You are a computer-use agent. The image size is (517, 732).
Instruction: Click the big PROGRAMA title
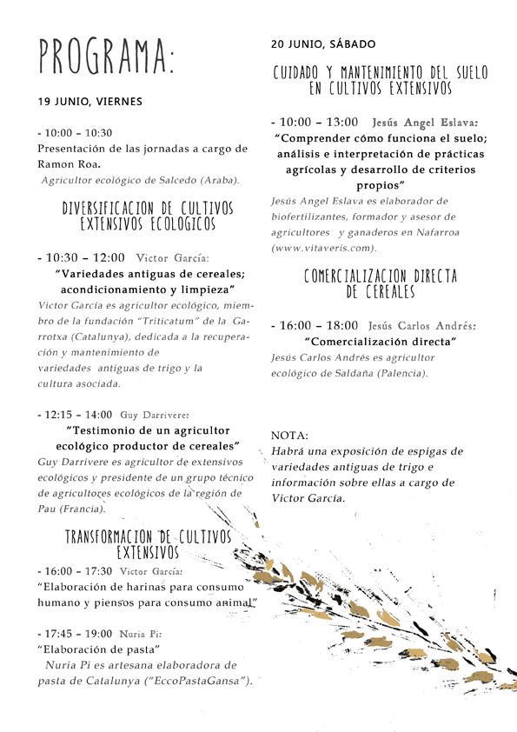(x=106, y=57)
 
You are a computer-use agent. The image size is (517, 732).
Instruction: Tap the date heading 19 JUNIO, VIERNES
(x=89, y=101)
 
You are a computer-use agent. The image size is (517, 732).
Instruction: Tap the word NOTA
(x=289, y=435)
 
